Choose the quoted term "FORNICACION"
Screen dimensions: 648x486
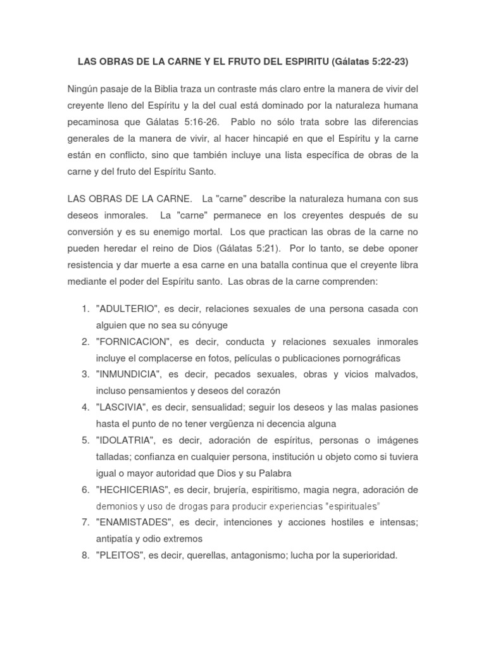[133, 342]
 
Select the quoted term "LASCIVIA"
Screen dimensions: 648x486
[121, 408]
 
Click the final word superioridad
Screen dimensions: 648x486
[368, 556]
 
